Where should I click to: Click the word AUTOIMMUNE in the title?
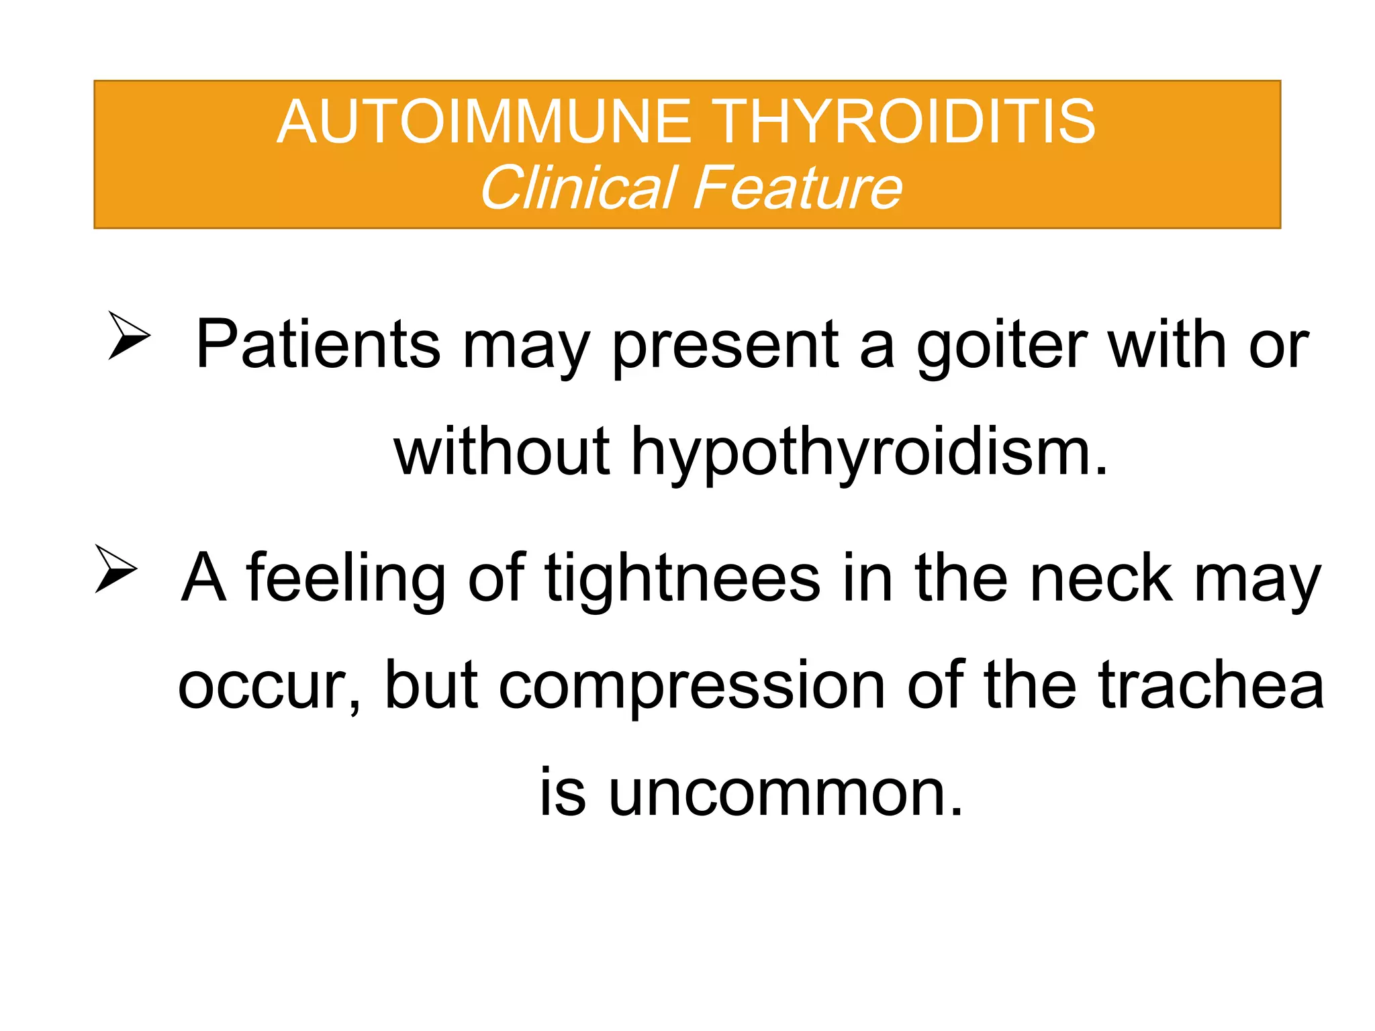(x=483, y=122)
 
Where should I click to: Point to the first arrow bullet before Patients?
(x=129, y=335)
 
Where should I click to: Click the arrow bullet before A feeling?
(x=115, y=569)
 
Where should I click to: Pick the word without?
(x=502, y=452)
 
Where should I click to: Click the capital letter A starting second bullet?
(x=203, y=577)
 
